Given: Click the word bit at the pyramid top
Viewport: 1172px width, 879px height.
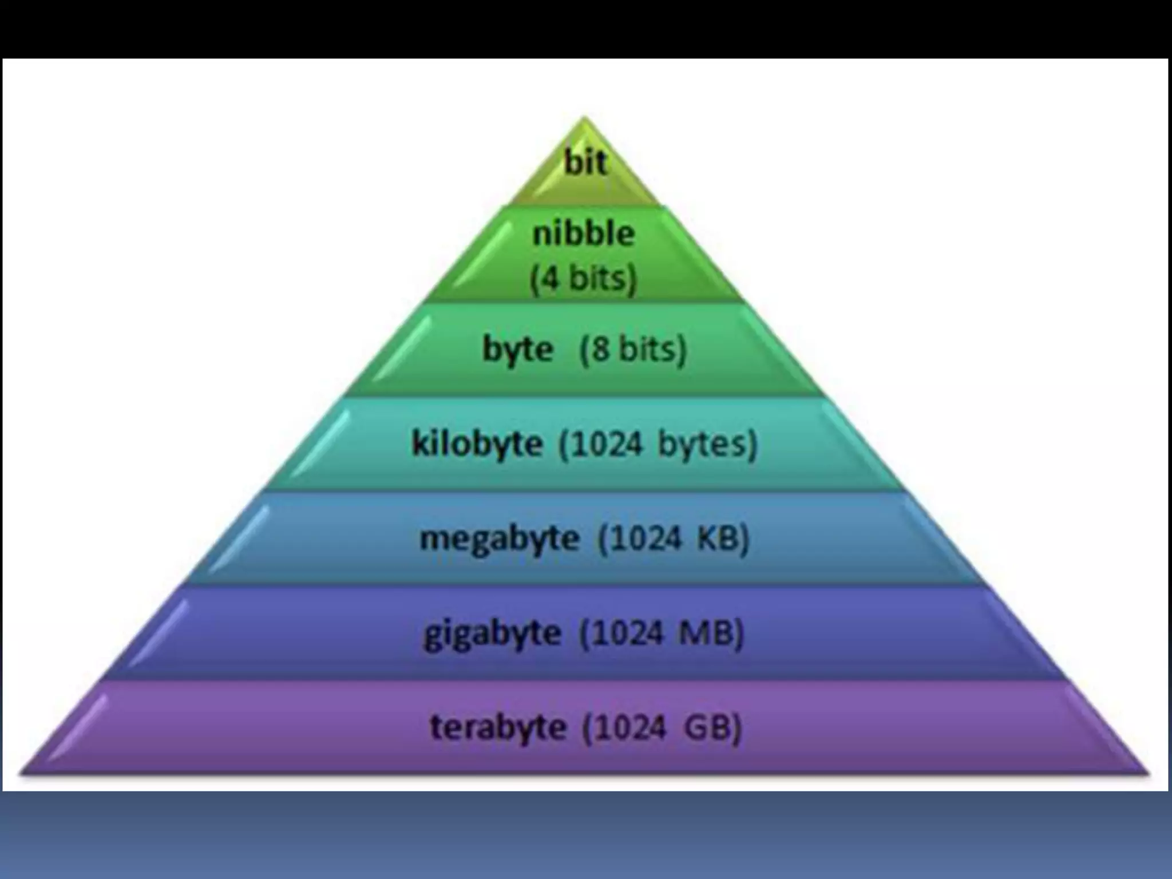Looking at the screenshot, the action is click(585, 163).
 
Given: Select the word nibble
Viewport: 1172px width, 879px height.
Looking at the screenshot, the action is click(583, 234).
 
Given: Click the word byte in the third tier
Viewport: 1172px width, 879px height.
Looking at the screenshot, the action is click(518, 350).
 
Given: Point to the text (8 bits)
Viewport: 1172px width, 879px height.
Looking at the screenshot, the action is click(633, 349).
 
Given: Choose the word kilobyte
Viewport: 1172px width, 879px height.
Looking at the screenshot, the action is click(477, 444).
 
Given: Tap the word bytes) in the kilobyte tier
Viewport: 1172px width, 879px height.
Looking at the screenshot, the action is click(708, 444).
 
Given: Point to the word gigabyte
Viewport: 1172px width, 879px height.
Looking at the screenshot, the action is click(492, 634).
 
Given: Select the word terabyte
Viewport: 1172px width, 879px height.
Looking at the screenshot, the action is click(498, 728).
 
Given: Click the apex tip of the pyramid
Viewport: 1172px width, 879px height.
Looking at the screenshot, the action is click(584, 118).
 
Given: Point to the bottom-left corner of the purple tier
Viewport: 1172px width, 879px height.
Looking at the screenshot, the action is click(22, 774).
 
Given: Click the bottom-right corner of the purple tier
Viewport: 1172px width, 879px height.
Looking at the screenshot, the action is click(1148, 774).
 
